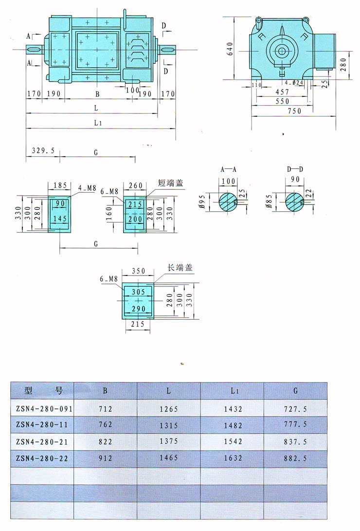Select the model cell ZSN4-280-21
coord(41,442)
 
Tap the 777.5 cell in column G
coord(295,424)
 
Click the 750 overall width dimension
coord(294,111)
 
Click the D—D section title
coord(295,170)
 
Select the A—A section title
coord(229,170)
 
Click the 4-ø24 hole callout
coord(294,83)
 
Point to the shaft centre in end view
coord(281,50)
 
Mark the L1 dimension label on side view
coord(97,123)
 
